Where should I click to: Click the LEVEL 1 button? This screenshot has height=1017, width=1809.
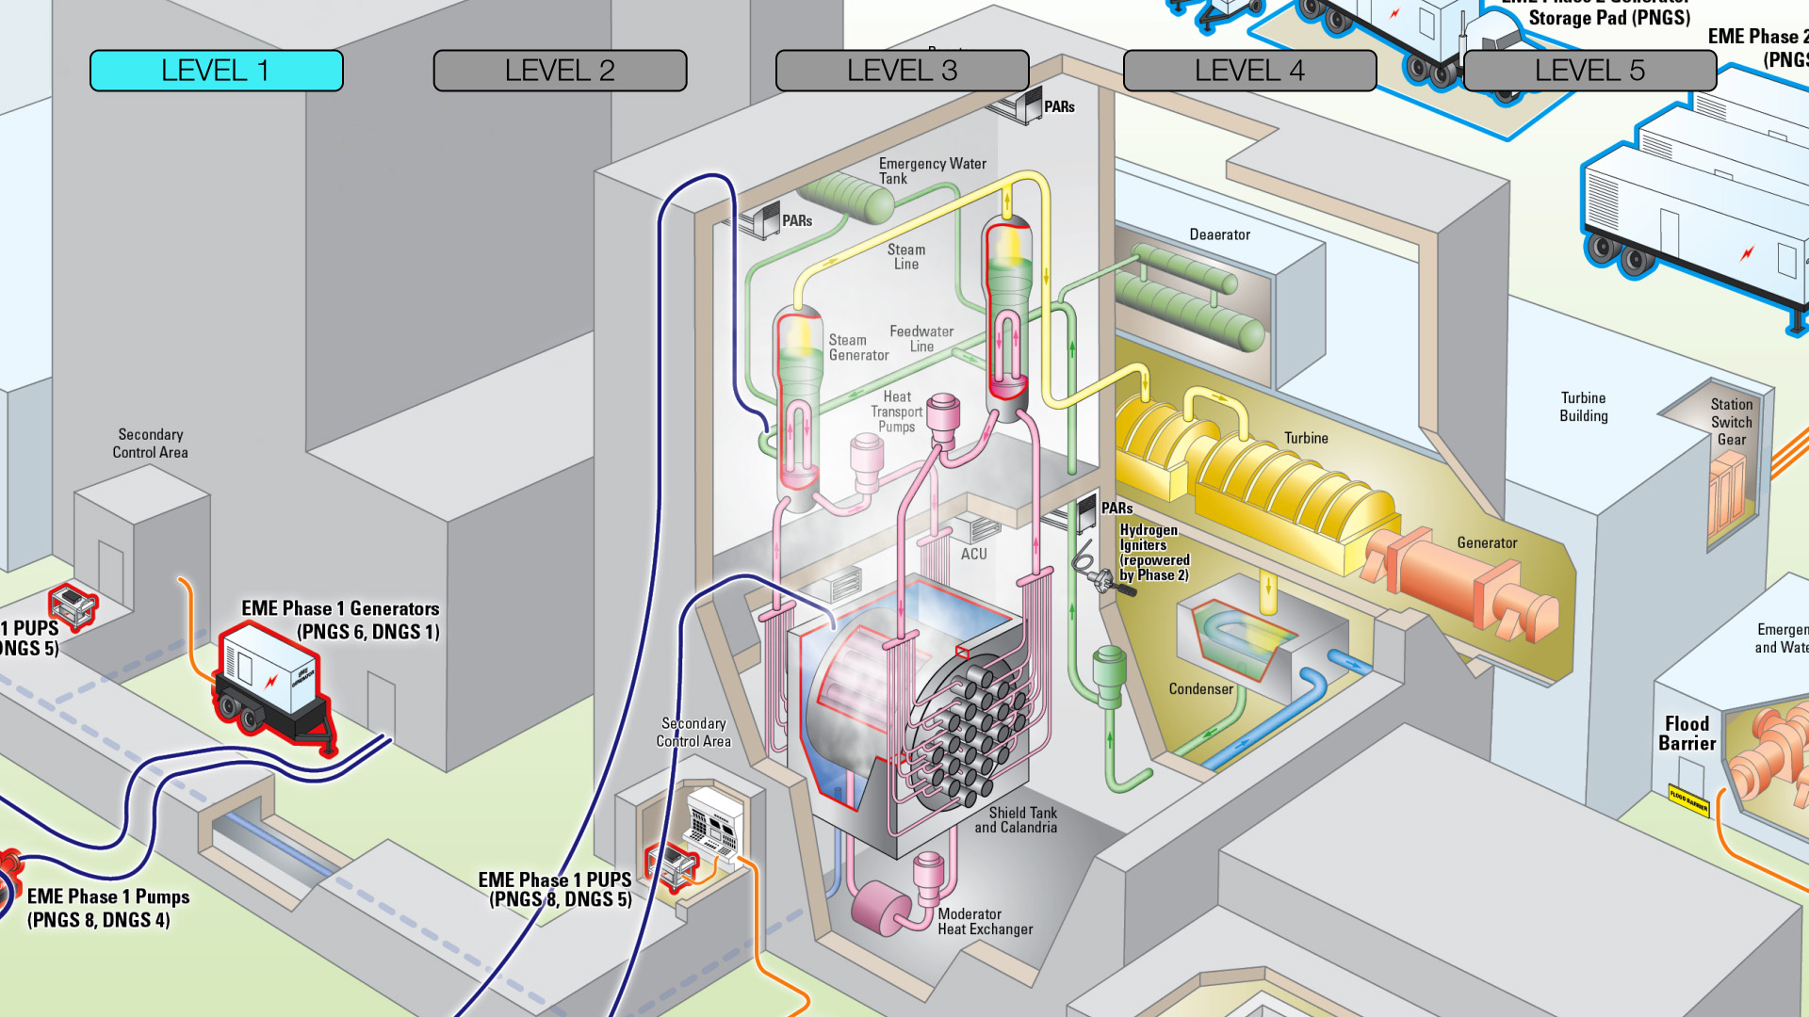click(x=216, y=71)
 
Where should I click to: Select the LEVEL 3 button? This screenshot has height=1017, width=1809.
click(x=902, y=71)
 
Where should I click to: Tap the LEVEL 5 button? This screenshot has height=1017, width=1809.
click(x=1589, y=71)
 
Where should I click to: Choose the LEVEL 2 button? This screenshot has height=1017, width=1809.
click(x=560, y=71)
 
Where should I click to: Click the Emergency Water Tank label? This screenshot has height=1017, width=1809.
click(x=931, y=170)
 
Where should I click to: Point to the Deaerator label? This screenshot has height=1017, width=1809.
click(x=1219, y=234)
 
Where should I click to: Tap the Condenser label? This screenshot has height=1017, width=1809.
click(x=1200, y=689)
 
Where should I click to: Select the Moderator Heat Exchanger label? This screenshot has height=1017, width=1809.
click(x=985, y=921)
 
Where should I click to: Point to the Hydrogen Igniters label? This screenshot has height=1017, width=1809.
click(x=1153, y=552)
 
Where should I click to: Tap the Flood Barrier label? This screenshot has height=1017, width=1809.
click(x=1687, y=733)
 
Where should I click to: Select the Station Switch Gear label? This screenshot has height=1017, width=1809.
click(x=1731, y=421)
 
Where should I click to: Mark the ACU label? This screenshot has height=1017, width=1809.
click(x=973, y=554)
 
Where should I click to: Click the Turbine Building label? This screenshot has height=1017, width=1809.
click(x=1583, y=407)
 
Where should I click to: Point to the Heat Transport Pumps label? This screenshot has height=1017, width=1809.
click(x=896, y=412)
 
